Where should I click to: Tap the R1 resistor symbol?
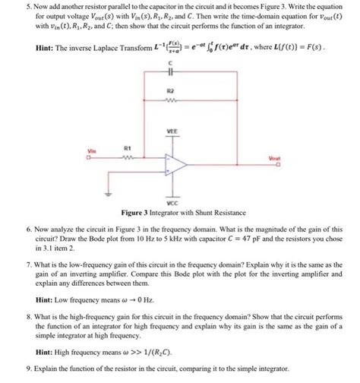coord(128,159)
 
